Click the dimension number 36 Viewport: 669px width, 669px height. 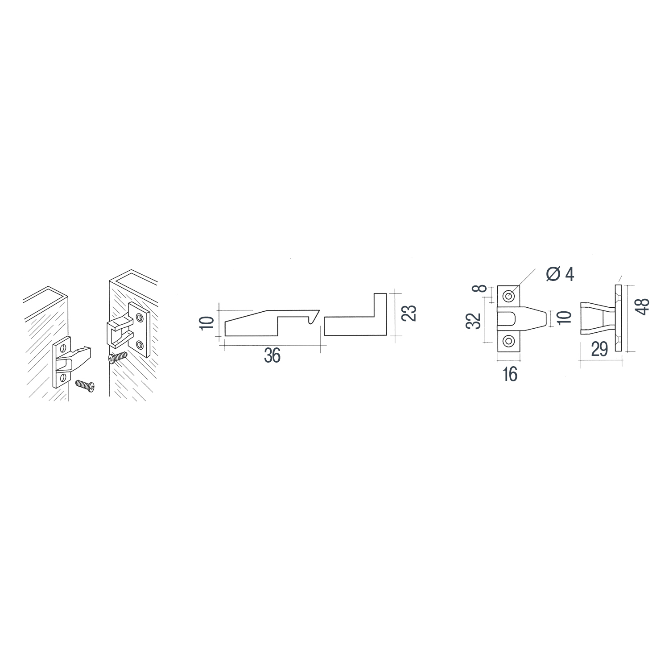[272, 356]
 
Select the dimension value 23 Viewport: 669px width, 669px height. [411, 313]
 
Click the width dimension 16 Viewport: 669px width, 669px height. [509, 375]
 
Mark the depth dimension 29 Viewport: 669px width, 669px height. [599, 350]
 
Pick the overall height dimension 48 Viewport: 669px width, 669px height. [643, 306]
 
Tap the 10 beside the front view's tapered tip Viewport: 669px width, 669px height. [564, 317]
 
